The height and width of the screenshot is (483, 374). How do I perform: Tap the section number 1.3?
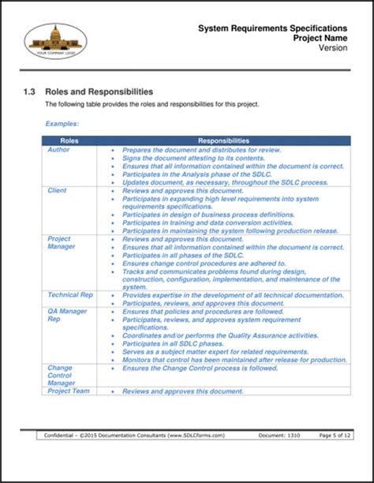point(29,92)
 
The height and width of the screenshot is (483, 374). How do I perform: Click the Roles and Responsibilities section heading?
point(99,92)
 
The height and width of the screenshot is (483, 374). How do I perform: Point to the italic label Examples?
point(62,124)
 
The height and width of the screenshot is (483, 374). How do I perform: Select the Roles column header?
point(69,140)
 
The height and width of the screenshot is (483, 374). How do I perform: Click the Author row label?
point(59,149)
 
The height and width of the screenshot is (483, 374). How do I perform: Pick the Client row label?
point(57,190)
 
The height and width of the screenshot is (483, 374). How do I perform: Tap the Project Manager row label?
point(61,242)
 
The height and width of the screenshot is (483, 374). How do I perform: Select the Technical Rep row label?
point(70,294)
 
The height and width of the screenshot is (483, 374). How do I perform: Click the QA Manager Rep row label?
point(67,315)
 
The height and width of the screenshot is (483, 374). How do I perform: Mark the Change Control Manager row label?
point(61,375)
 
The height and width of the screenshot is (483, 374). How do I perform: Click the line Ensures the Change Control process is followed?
point(200,367)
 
